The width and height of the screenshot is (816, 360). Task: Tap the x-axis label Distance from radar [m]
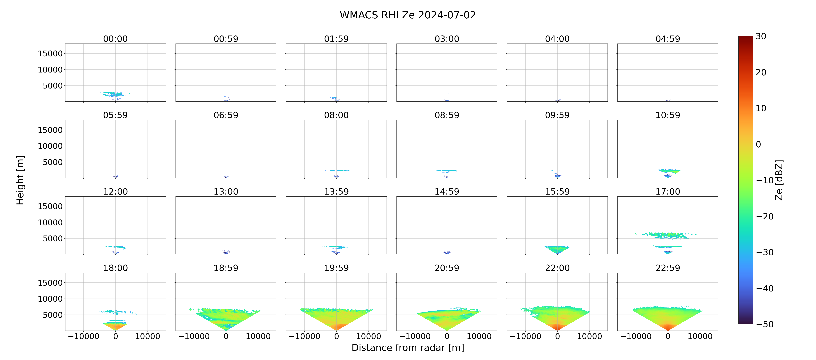click(408, 348)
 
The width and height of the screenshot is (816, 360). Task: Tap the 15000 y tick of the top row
click(50, 54)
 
